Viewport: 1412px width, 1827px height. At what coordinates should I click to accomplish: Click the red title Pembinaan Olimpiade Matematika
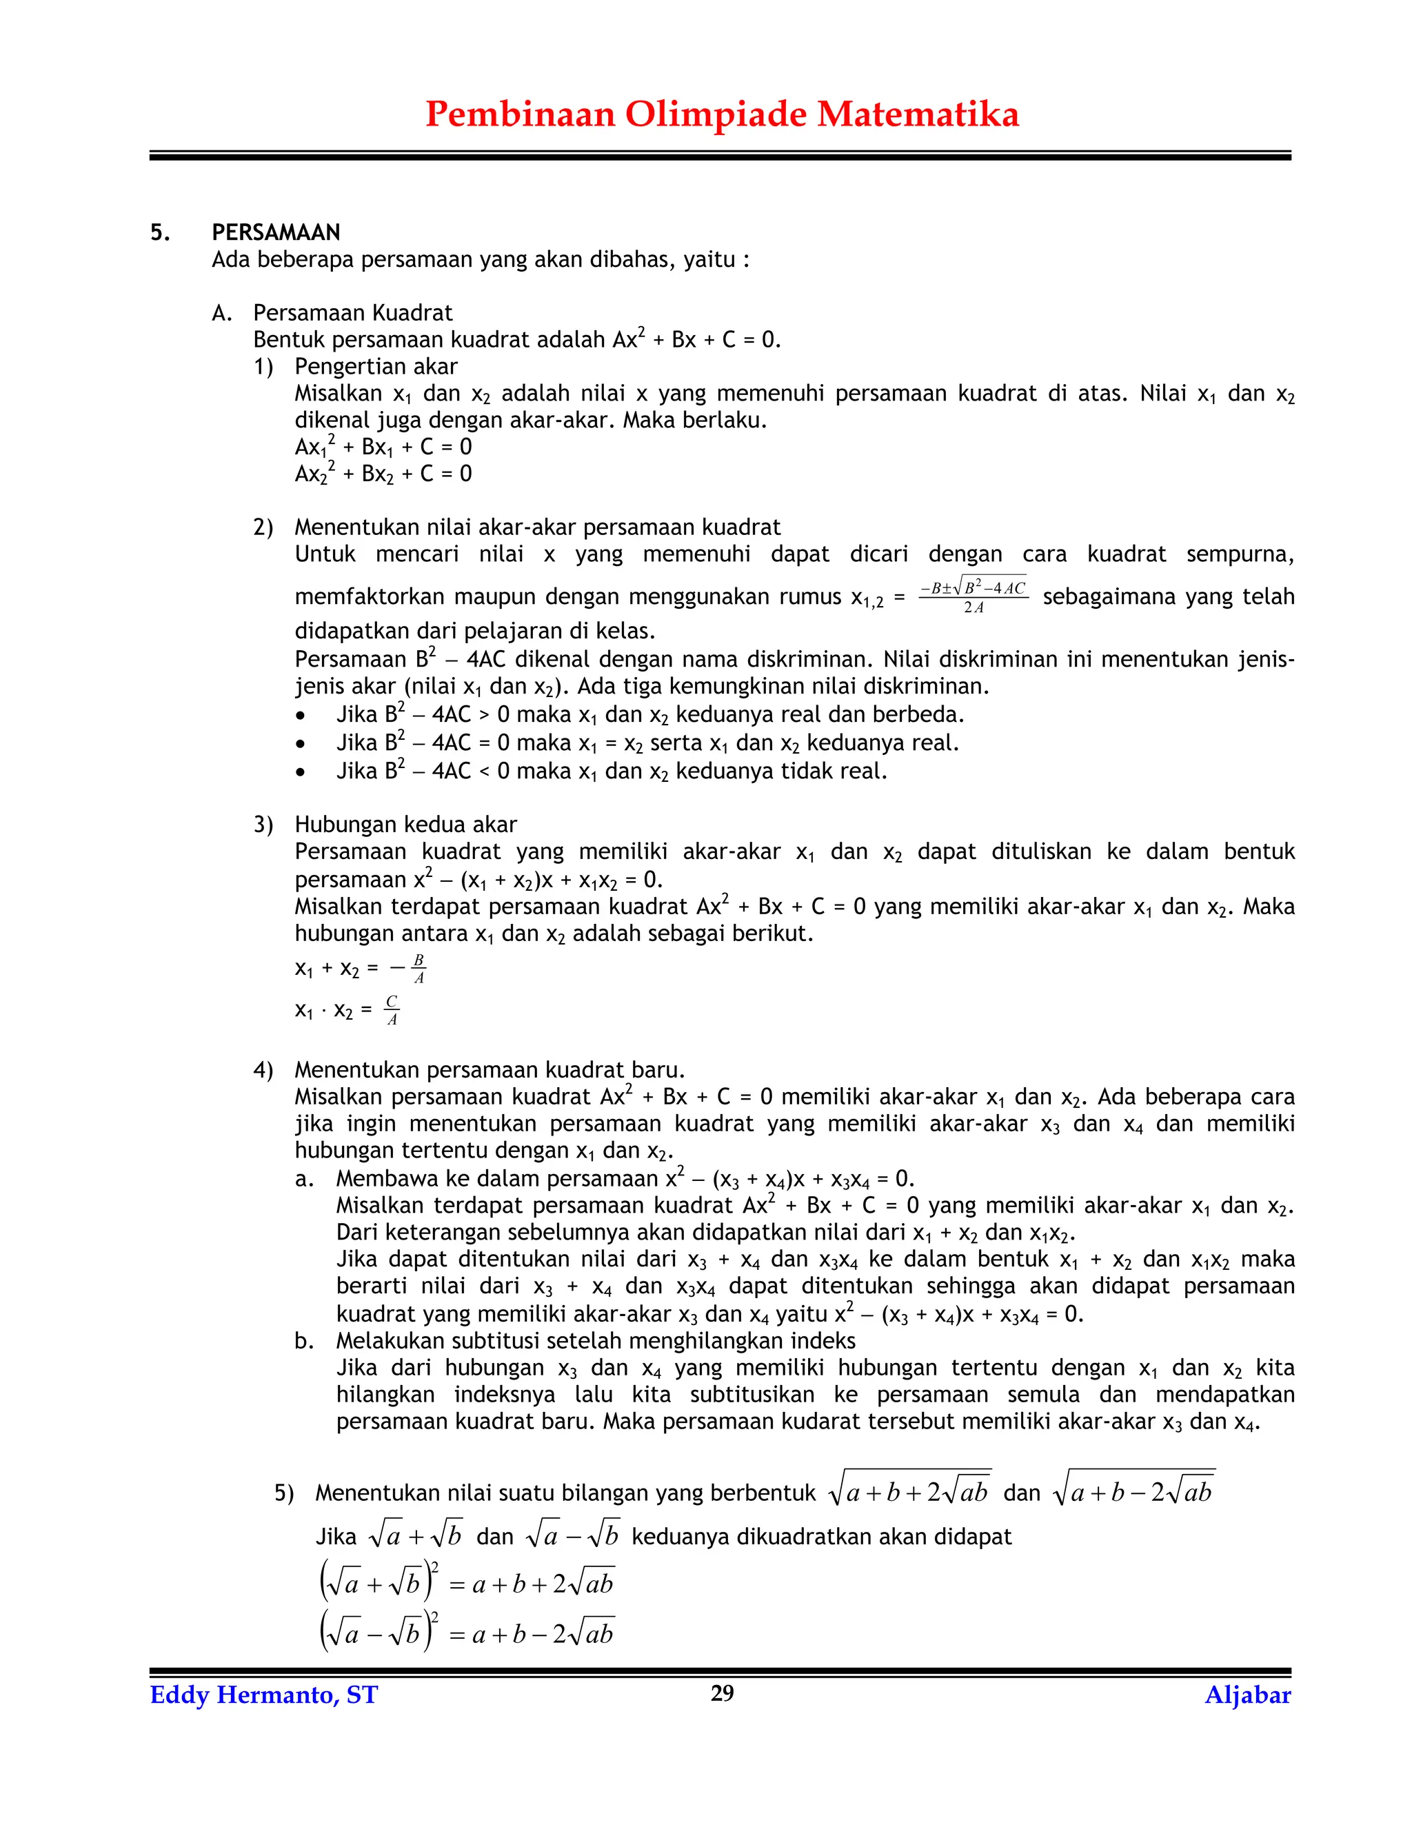(721, 114)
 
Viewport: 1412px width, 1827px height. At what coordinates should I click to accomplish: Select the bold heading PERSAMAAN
(275, 232)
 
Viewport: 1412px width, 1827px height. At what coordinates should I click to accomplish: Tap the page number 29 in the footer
(721, 1693)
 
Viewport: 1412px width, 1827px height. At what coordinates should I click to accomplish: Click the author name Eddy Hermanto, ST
(263, 1695)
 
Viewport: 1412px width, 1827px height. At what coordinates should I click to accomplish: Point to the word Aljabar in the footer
(1247, 1695)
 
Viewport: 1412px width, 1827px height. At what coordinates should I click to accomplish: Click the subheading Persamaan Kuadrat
(352, 313)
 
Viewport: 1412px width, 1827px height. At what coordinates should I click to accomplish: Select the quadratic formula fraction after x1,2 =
(973, 596)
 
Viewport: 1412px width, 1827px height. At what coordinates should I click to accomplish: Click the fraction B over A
(418, 968)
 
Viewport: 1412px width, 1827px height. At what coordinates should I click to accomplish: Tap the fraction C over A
(392, 1010)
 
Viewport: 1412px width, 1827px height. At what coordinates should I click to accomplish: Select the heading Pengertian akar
(376, 366)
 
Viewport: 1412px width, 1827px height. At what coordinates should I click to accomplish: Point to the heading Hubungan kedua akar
(405, 824)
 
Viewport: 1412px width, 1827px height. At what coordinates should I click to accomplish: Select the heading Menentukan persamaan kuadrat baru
(490, 1070)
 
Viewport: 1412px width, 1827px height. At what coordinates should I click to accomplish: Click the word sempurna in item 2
(1240, 554)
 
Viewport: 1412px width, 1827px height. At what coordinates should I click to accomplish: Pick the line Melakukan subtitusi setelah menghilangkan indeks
(595, 1341)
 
